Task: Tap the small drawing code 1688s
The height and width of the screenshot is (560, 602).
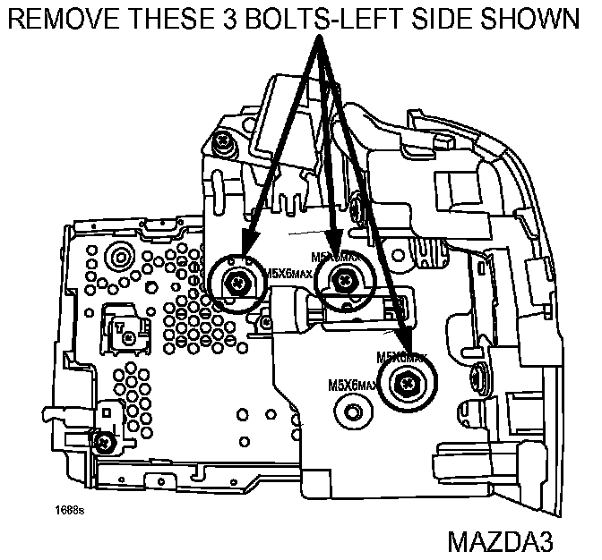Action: click(x=69, y=511)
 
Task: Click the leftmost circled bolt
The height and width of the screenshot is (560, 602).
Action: click(x=237, y=283)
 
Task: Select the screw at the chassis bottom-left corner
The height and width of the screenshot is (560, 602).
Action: click(x=107, y=440)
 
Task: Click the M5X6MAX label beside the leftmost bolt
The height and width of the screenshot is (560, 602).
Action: click(x=288, y=274)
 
